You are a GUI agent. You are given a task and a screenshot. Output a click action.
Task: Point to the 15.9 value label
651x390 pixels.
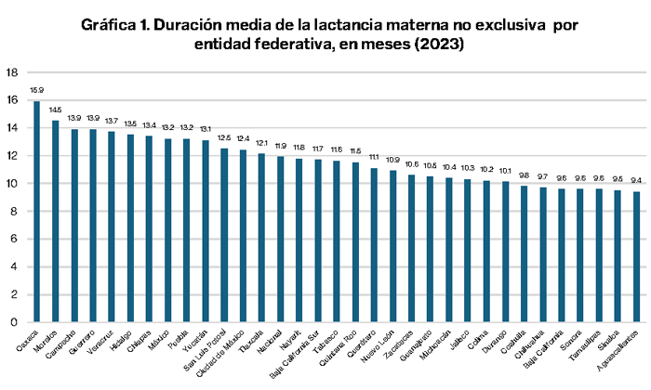click(36, 91)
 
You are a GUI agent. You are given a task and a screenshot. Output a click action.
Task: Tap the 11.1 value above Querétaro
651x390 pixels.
click(374, 158)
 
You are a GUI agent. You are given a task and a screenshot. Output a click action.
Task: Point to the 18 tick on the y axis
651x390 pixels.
click(11, 72)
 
